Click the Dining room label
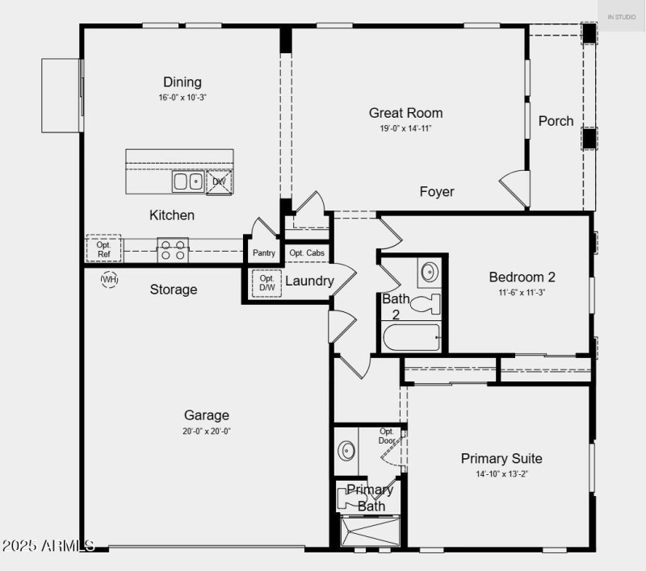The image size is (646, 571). (x=182, y=82)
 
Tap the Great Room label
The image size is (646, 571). (x=405, y=113)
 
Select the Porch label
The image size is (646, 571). (x=556, y=121)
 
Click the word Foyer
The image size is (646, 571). (x=437, y=192)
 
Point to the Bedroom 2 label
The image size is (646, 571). (x=522, y=277)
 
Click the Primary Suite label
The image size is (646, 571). (x=501, y=459)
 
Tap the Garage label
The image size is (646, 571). (x=207, y=415)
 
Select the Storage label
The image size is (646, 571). (x=174, y=290)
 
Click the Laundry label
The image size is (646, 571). (x=309, y=281)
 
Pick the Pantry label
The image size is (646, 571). (x=264, y=253)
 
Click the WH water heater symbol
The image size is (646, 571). (x=109, y=279)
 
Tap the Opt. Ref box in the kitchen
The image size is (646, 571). (x=103, y=248)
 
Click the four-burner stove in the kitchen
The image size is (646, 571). (x=172, y=250)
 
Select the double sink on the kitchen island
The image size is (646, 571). (x=187, y=181)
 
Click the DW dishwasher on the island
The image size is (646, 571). (x=219, y=182)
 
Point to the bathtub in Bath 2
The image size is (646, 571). (x=411, y=337)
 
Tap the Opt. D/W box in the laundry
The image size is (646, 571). (x=266, y=283)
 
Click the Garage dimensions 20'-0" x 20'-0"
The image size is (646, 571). (x=207, y=431)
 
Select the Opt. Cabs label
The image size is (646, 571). (x=307, y=253)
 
